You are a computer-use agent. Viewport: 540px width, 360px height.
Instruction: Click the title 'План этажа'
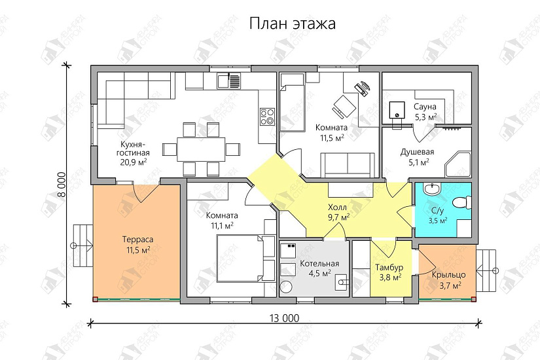click(292, 24)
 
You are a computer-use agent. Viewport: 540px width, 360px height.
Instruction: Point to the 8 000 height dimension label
click(60, 185)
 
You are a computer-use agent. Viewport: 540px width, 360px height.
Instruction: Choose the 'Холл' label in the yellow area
click(338, 207)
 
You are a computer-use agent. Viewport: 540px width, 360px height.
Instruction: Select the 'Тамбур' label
click(388, 268)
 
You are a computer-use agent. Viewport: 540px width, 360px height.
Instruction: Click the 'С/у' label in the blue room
click(438, 211)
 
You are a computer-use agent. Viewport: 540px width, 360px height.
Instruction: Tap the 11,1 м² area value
click(222, 225)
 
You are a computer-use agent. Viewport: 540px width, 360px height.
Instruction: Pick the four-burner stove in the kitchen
click(267, 117)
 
